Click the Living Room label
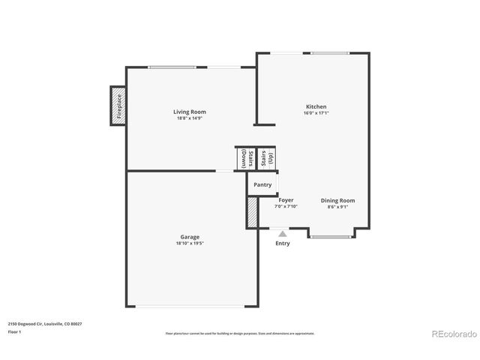coord(190,112)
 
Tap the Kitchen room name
coord(316,106)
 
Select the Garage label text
coord(189,237)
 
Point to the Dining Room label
coord(337,200)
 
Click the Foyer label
coord(286,200)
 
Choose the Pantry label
coord(262,184)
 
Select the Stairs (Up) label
coord(267,158)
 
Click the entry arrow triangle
coord(283,234)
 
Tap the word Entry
coord(283,243)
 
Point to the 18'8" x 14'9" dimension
coord(190,118)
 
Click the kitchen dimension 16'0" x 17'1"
coord(316,113)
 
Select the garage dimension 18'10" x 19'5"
coord(189,244)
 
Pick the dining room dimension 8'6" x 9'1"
coord(337,207)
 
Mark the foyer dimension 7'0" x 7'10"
coord(286,207)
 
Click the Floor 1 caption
coord(15,331)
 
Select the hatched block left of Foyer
coord(253,211)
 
